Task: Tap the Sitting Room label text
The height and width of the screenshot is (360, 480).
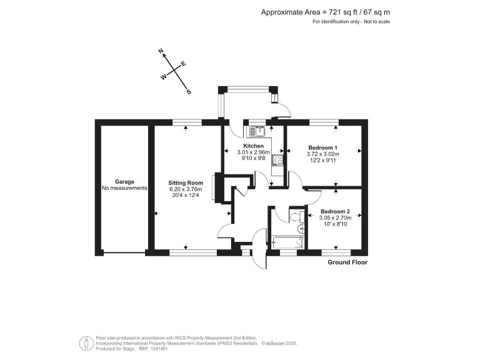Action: [x=186, y=182]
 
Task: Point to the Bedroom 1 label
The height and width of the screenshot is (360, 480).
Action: [x=322, y=147]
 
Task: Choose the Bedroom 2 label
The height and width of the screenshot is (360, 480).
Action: [x=335, y=211]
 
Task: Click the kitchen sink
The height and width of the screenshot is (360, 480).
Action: [x=257, y=131]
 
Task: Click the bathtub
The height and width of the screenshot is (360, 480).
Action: [x=287, y=241]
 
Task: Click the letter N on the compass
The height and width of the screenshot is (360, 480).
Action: [x=161, y=51]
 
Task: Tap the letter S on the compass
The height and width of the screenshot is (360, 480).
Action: [x=189, y=91]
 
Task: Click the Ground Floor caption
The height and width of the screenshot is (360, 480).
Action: [x=347, y=262]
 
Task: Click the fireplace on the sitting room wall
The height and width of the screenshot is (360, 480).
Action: [x=214, y=188]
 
